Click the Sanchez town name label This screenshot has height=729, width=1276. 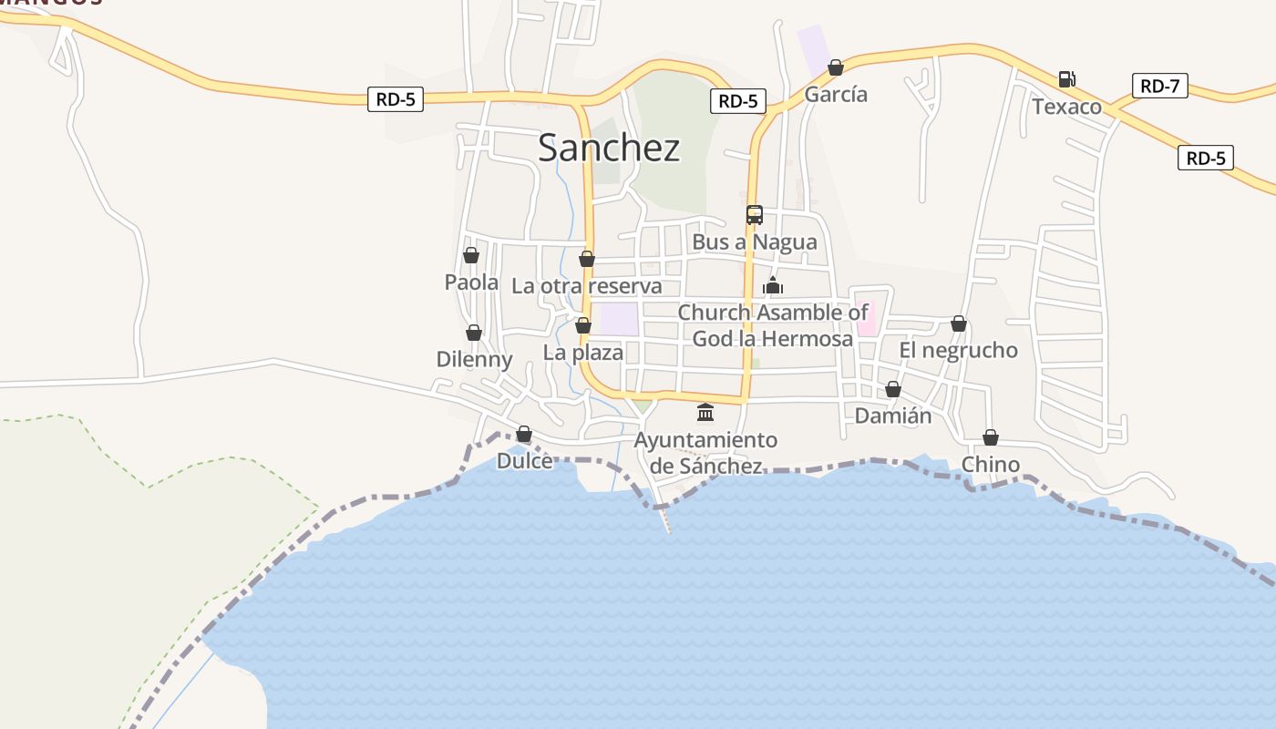609,148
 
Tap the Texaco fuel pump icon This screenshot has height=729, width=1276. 1067,79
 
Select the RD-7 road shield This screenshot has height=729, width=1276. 1159,87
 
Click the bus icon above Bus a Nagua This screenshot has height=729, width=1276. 755,215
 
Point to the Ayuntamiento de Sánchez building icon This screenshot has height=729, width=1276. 705,413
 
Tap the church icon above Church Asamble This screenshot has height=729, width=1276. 773,286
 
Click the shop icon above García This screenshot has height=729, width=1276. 836,67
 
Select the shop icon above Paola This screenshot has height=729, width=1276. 471,255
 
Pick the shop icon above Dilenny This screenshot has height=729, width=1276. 474,333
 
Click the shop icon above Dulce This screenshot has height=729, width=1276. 524,434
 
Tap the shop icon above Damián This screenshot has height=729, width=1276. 893,389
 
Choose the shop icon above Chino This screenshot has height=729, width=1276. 991,437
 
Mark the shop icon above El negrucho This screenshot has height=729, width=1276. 959,323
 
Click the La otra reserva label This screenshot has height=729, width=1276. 587,286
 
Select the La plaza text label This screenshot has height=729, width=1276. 583,353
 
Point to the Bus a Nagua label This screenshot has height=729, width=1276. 755,243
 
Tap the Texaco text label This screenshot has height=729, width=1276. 1066,108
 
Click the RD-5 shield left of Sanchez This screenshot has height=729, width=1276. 396,99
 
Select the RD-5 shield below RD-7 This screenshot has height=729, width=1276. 1205,158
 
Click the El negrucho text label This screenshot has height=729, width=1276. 959,351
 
